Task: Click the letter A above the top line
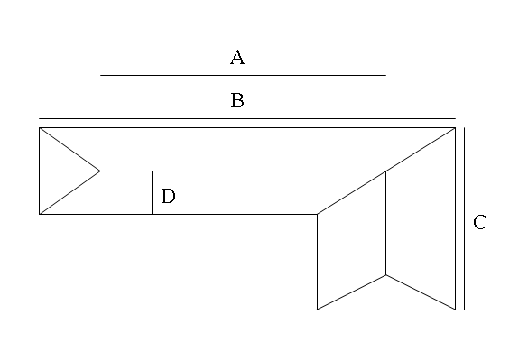point(237,57)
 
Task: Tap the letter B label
point(237,100)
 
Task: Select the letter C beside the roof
point(480,222)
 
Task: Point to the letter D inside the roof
point(169,196)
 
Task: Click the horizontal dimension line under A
point(243,75)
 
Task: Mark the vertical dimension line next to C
point(465,219)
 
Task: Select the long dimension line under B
point(247,118)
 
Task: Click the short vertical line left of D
point(152,192)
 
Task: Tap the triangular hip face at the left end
point(60,171)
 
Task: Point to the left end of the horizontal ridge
point(100,171)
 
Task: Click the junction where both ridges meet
point(386,171)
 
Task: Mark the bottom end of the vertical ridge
point(386,275)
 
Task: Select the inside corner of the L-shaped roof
point(317,214)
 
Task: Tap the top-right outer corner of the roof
point(456,127)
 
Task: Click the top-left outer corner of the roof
point(39,127)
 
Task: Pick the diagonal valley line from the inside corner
point(351,192)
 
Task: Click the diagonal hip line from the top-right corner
point(421,150)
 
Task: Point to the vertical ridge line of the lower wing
point(386,223)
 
